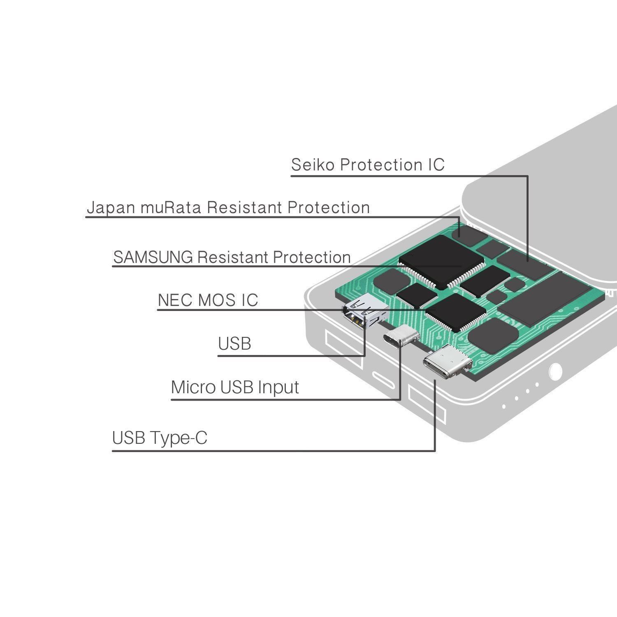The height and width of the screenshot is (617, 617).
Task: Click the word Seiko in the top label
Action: (313, 165)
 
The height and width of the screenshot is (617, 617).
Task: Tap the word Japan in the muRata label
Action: (111, 208)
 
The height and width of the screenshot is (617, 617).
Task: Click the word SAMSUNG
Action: (153, 257)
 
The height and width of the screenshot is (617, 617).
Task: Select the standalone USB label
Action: (234, 343)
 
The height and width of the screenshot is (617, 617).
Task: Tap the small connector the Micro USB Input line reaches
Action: (401, 336)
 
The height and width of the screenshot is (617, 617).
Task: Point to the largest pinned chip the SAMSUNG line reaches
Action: (441, 260)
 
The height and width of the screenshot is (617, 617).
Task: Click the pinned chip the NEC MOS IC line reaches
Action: (456, 313)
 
